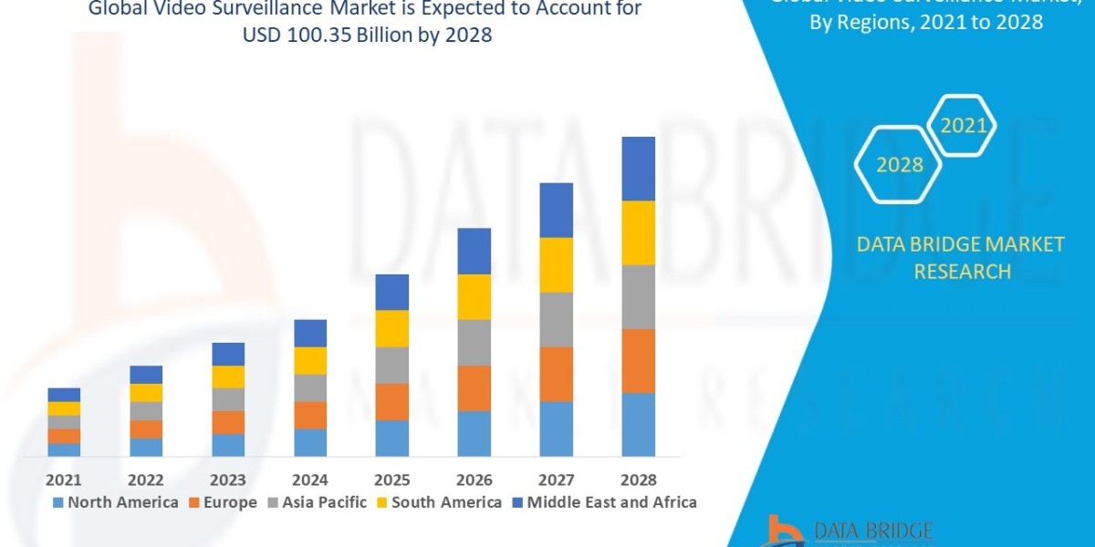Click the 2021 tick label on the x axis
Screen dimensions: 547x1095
[x=64, y=480]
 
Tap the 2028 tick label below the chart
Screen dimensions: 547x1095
[x=638, y=480]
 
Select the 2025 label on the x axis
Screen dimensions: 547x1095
[x=391, y=480]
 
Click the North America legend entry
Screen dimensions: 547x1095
[x=116, y=502]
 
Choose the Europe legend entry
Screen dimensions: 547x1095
[x=224, y=502]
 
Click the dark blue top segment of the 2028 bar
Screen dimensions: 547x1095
[x=639, y=169]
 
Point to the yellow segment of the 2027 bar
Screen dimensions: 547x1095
[x=557, y=264]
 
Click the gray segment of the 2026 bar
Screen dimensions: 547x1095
[x=474, y=342]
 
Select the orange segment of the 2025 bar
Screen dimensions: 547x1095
[x=392, y=401]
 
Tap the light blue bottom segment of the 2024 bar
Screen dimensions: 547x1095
[x=310, y=442]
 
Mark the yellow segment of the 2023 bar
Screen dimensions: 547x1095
[x=228, y=377]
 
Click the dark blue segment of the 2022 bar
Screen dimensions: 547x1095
[x=146, y=375]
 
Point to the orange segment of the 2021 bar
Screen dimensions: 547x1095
[x=64, y=436]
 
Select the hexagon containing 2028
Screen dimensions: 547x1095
[x=899, y=165]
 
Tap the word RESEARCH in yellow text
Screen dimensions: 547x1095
[x=962, y=272]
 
